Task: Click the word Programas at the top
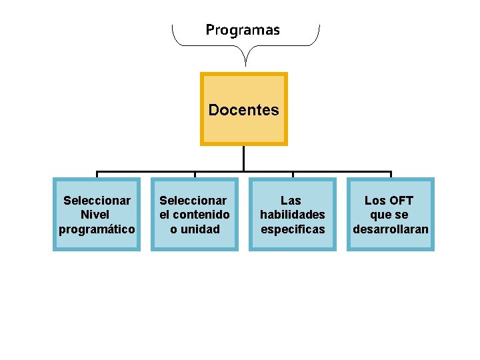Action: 243,30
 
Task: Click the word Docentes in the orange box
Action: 243,110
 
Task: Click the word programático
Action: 97,229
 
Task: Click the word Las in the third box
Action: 291,200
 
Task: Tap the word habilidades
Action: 293,215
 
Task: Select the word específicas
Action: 293,229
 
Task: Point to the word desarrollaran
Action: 391,229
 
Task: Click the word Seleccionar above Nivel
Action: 97,200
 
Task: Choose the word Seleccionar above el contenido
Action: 193,200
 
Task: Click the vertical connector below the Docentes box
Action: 244,159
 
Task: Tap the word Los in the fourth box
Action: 373,200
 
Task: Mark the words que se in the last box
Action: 390,215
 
